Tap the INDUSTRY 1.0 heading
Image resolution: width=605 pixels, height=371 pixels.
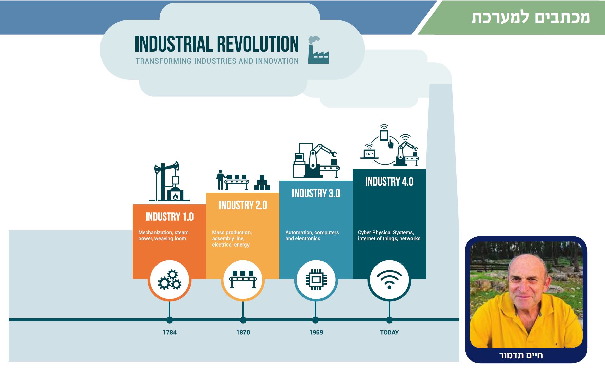coord(169,217)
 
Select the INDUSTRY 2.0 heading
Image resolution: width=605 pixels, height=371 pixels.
coord(243,205)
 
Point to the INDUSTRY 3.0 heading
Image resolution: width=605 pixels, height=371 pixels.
coord(316,193)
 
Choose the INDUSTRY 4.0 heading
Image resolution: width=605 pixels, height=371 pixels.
coord(389,181)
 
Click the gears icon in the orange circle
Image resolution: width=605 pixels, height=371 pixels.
coord(169,280)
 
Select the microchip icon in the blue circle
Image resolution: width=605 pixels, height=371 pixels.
coord(316,280)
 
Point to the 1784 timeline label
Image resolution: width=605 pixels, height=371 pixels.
coord(169,332)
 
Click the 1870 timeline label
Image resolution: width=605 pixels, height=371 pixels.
coord(243,332)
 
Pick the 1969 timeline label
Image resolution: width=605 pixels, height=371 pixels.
coord(316,332)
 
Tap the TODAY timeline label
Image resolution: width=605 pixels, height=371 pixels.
coord(389,332)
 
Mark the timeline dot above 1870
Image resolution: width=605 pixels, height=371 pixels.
coord(243,320)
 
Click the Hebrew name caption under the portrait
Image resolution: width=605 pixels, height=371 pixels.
coord(521,355)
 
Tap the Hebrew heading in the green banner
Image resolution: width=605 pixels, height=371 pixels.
coord(530,17)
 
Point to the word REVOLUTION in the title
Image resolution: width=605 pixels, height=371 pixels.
coord(258,44)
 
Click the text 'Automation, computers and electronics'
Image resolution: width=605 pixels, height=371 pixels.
coord(312,235)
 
